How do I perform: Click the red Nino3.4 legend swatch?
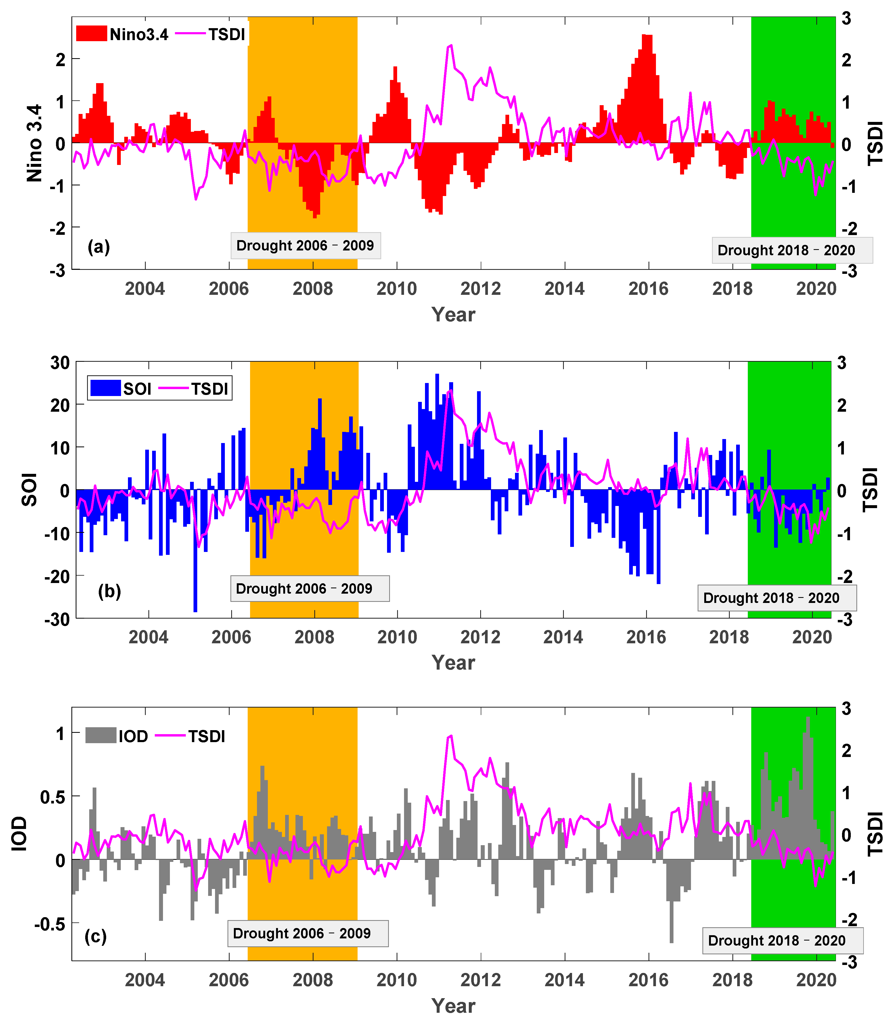pyautogui.click(x=91, y=34)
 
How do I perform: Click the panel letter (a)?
pyautogui.click(x=99, y=246)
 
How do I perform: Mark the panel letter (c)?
pyautogui.click(x=96, y=936)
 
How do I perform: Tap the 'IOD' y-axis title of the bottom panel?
pyautogui.click(x=19, y=833)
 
